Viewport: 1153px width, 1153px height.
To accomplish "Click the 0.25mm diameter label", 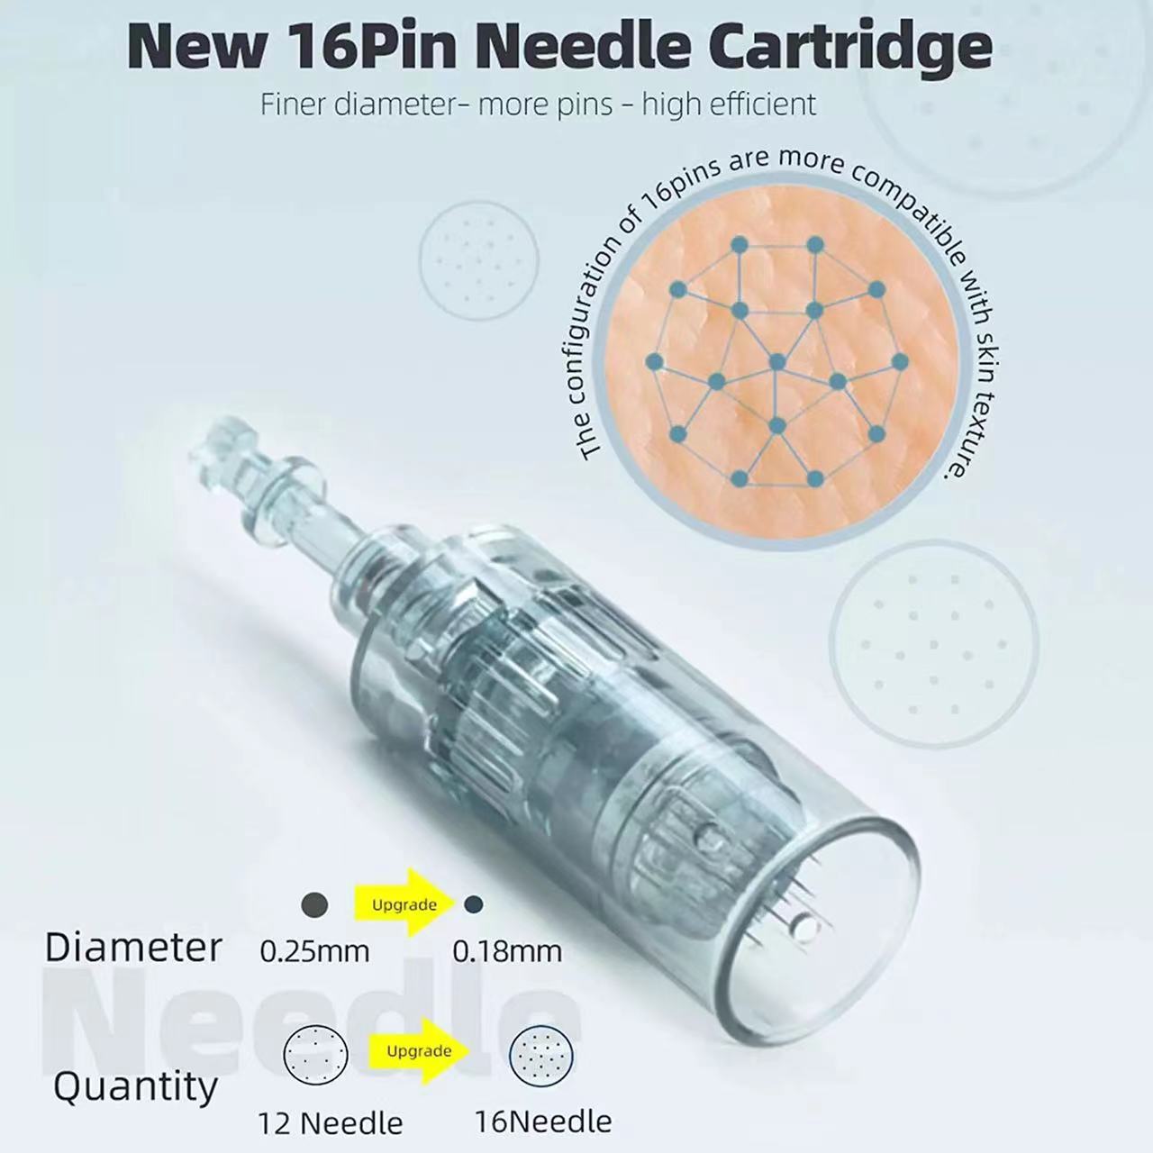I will (314, 951).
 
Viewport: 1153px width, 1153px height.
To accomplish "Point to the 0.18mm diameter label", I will (506, 951).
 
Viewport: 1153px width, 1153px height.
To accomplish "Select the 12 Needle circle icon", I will (315, 1054).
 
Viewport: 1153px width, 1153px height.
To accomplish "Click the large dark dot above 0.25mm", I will (314, 904).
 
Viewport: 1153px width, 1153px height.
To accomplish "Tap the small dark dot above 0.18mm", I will (474, 903).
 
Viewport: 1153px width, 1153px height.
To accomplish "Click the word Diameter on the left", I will (133, 948).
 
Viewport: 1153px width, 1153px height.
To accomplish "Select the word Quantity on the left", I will (135, 1087).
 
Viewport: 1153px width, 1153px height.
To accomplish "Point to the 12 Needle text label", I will (330, 1123).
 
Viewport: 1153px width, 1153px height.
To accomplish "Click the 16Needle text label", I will (543, 1121).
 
